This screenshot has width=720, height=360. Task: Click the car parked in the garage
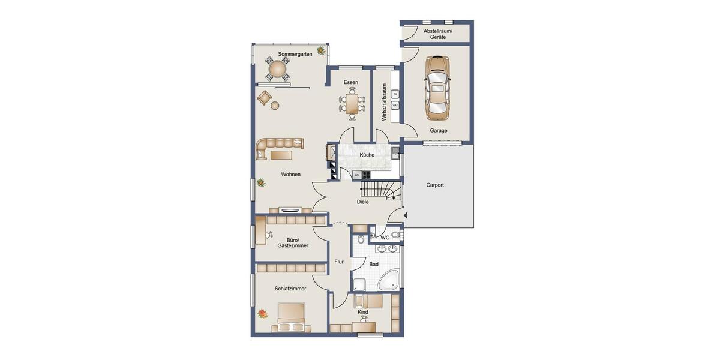tap(437, 88)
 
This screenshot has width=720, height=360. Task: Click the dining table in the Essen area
tap(352, 103)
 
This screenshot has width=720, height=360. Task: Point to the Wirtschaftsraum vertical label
tap(384, 102)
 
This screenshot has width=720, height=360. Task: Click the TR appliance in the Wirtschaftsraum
tap(395, 94)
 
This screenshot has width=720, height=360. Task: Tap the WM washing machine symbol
tap(395, 106)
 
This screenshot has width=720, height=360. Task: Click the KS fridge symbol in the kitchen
tap(357, 175)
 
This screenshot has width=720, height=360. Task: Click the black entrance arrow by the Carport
tap(406, 215)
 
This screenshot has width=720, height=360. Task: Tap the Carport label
tap(435, 185)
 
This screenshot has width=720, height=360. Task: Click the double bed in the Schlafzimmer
tap(291, 317)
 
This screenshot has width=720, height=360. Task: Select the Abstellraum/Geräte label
tap(437, 34)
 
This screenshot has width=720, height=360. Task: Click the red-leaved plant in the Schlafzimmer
tap(262, 313)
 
